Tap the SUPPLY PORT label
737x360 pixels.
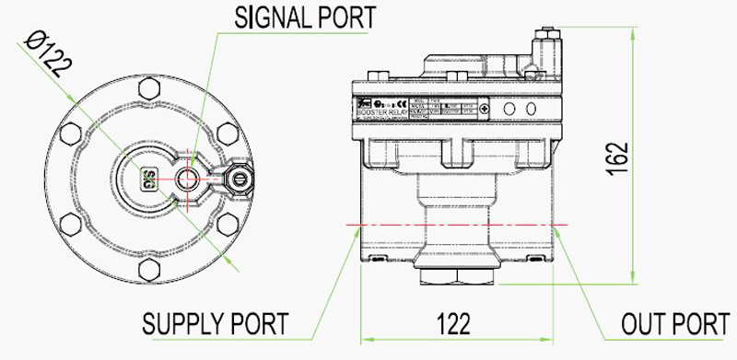215,324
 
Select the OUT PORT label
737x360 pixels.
674,324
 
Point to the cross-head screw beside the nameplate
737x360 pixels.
485,109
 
